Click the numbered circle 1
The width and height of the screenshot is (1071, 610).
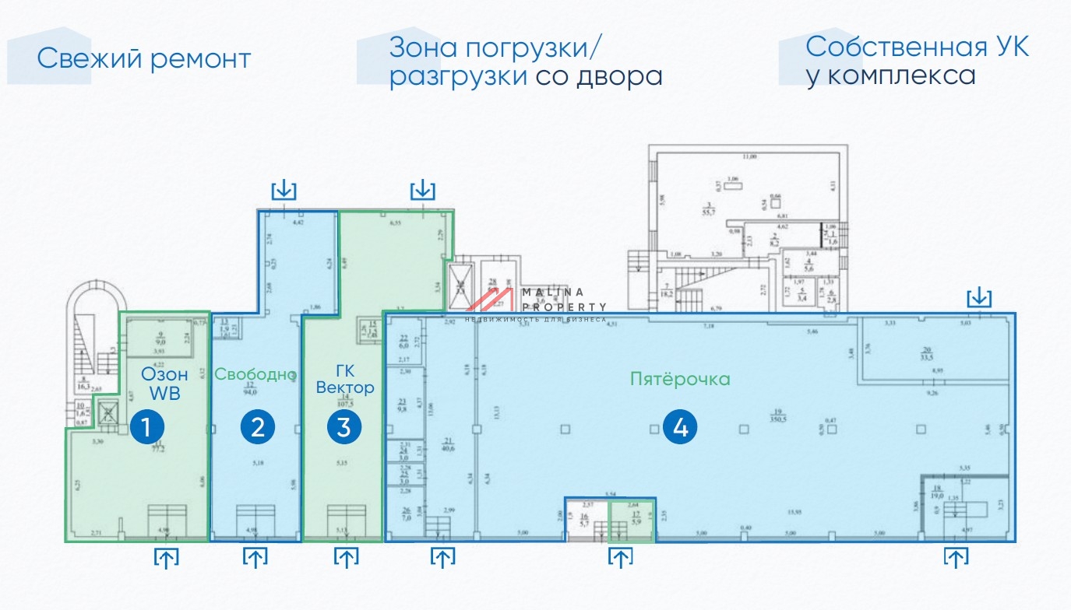[x=146, y=427]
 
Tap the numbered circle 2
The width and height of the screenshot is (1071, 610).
[x=258, y=427]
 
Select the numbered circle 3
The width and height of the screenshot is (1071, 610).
[x=344, y=427]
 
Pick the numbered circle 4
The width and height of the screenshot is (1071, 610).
[x=679, y=427]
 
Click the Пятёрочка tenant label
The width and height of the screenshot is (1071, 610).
[x=680, y=379]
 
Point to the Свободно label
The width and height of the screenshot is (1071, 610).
[x=255, y=374]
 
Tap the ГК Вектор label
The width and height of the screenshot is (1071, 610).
[x=345, y=379]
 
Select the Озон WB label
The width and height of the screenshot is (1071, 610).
[x=164, y=384]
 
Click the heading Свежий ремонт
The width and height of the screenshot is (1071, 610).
[x=144, y=58]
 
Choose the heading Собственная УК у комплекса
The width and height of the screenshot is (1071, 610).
[x=917, y=61]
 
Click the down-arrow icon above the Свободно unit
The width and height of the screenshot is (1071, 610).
[x=284, y=189]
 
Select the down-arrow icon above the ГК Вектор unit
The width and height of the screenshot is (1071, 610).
[x=422, y=189]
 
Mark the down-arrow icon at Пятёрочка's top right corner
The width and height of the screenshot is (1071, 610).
[x=979, y=296]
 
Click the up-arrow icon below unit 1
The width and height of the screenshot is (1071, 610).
[x=165, y=557]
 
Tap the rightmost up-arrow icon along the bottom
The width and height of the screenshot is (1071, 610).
[x=956, y=557]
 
